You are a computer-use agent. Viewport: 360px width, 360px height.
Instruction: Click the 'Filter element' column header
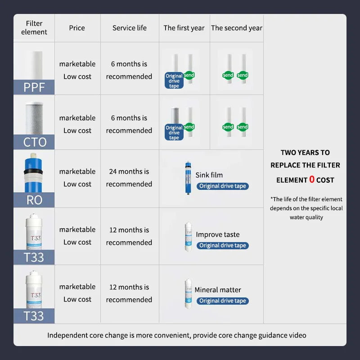tap(34, 28)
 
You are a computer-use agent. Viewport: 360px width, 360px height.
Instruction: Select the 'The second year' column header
tap(237, 28)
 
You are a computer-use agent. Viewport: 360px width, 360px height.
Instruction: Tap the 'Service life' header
tap(130, 28)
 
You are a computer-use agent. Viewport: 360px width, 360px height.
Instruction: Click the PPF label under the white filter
tap(34, 87)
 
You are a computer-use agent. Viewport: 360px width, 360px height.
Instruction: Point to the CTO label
tap(35, 142)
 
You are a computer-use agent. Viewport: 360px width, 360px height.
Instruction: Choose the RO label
tap(34, 200)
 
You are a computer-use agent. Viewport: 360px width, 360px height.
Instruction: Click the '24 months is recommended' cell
tap(129, 178)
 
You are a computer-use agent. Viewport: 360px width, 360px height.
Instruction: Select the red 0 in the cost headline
tap(312, 180)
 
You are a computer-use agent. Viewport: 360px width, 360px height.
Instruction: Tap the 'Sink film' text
tap(209, 175)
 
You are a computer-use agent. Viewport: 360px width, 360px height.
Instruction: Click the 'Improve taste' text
tap(218, 234)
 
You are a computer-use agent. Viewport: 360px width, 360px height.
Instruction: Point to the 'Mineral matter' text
tap(218, 290)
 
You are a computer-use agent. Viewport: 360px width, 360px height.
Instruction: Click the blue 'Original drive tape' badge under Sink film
tap(222, 186)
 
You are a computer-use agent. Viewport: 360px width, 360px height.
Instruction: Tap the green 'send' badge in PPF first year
tap(189, 75)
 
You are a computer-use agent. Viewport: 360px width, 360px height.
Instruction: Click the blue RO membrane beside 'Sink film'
tap(187, 177)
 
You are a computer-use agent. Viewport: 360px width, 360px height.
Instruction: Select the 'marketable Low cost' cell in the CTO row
tap(77, 124)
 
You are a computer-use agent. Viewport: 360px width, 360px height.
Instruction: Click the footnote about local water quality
tap(306, 208)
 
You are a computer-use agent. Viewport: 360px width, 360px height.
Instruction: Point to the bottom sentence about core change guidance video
tap(177, 335)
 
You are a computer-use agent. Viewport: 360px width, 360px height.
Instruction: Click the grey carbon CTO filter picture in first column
tap(34, 118)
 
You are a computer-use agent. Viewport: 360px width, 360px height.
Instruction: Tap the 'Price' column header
tap(77, 28)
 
